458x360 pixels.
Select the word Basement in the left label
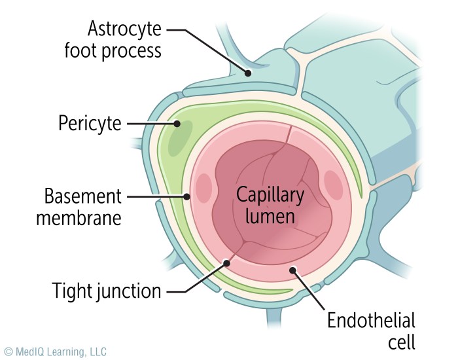pyautogui.click(x=83, y=196)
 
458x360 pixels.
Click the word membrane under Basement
pyautogui.click(x=79, y=217)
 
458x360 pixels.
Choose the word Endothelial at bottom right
pyautogui.click(x=371, y=321)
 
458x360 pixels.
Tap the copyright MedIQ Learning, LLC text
pyautogui.click(x=55, y=351)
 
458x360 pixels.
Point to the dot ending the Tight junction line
pyautogui.click(x=227, y=263)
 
